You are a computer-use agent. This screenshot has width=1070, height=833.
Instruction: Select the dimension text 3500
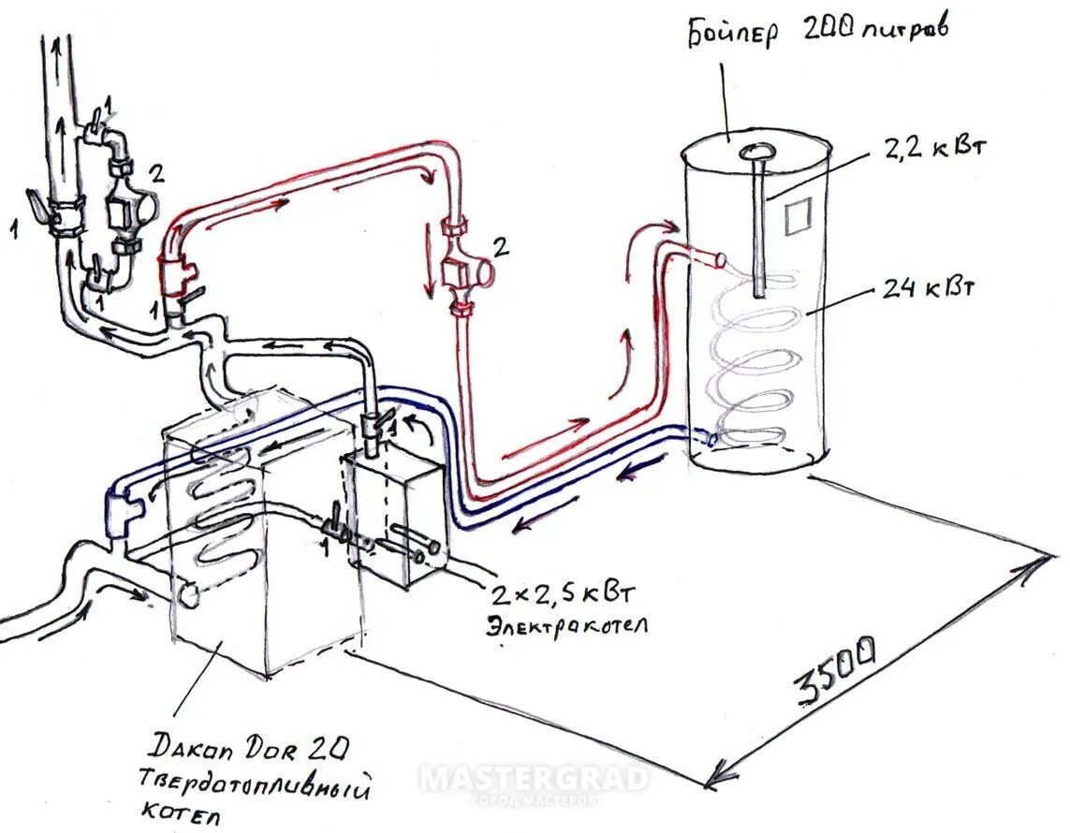coord(835,670)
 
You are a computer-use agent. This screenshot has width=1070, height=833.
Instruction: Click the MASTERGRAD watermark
coord(534,780)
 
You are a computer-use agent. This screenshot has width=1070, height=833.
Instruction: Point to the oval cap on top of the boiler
coord(756,152)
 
